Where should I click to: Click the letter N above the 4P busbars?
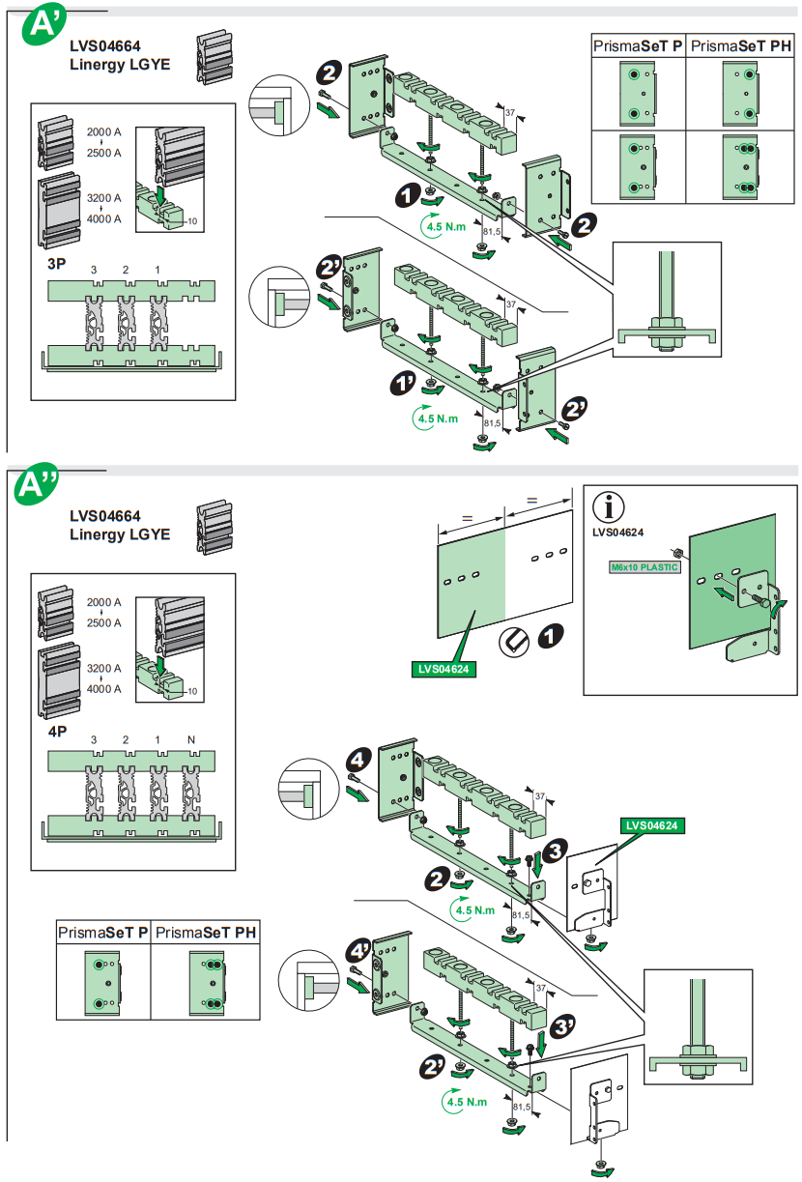pos(192,739)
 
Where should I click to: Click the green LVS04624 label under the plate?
pos(443,668)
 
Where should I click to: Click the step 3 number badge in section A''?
pos(555,850)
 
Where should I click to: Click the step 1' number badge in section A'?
pos(402,385)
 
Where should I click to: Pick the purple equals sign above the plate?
pos(467,519)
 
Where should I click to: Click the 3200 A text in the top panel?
pos(103,198)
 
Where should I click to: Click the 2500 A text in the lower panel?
pos(103,623)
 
